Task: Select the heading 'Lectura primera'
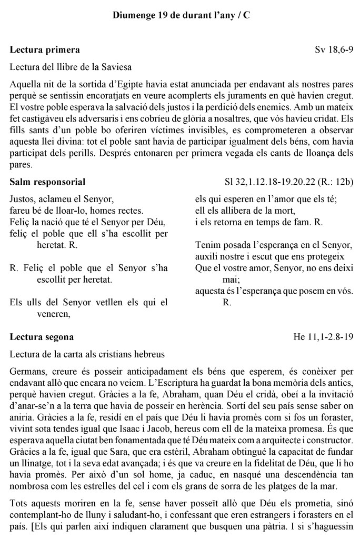(45, 50)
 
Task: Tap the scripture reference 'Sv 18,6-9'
(334, 50)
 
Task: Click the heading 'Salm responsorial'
(48, 182)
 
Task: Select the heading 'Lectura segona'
(42, 336)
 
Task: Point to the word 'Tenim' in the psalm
(206, 244)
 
